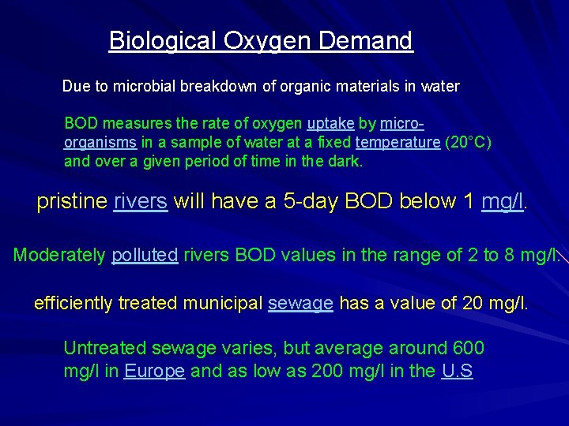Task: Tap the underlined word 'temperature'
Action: point(397,143)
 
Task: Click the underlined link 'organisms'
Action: point(100,143)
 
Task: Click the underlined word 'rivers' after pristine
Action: point(141,202)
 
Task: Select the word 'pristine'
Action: point(71,202)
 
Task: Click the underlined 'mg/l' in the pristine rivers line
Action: point(502,202)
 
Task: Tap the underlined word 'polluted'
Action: point(145,256)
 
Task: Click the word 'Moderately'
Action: point(59,256)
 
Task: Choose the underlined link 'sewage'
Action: point(300,303)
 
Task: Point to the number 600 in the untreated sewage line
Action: point(469,348)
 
